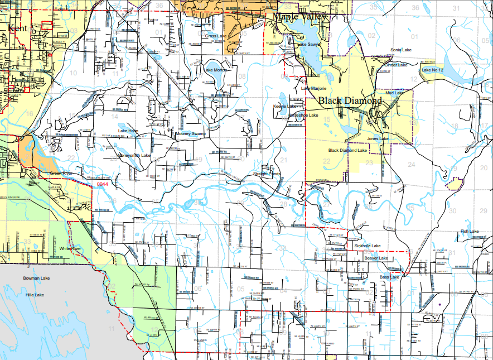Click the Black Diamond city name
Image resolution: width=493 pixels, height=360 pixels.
(350, 101)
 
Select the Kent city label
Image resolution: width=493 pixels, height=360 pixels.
(17, 28)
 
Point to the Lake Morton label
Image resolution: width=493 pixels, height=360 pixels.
(216, 70)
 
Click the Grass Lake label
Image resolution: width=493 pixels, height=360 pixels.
(216, 36)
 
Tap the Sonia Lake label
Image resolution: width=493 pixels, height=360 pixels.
(400, 50)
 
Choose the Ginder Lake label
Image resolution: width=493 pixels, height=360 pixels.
(396, 65)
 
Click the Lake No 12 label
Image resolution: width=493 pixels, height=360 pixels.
(432, 70)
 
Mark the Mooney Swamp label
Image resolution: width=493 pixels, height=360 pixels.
(191, 134)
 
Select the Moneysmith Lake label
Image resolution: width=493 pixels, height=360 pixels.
(134, 155)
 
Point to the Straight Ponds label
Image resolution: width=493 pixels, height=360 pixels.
(268, 174)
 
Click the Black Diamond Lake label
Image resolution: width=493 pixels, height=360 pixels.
(347, 150)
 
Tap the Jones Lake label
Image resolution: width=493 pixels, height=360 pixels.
(378, 138)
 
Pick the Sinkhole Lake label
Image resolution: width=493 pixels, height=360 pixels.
(368, 246)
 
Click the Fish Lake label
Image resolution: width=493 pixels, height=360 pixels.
(470, 231)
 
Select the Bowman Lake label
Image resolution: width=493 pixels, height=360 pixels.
(37, 277)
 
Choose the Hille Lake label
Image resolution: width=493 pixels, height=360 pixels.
(35, 294)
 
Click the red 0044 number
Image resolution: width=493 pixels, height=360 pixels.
(103, 184)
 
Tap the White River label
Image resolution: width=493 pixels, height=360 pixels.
(71, 248)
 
